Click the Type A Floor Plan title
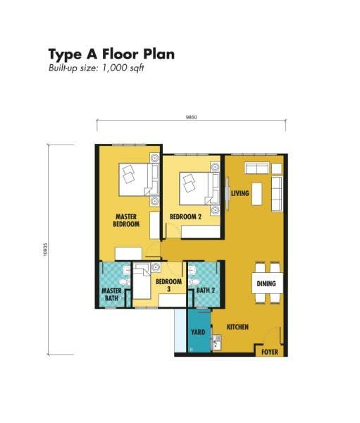pyautogui.click(x=111, y=54)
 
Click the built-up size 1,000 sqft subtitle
pyautogui.click(x=97, y=68)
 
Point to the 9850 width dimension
pyautogui.click(x=192, y=117)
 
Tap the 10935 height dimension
pyautogui.click(x=45, y=250)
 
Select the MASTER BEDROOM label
pyautogui.click(x=126, y=220)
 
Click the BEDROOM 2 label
pyautogui.click(x=185, y=216)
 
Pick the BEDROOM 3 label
pyautogui.click(x=169, y=285)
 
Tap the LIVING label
pyautogui.click(x=240, y=193)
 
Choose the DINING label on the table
pyautogui.click(x=266, y=283)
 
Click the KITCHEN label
pyautogui.click(x=237, y=327)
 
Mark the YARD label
pyautogui.click(x=198, y=332)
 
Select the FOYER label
pyautogui.click(x=270, y=352)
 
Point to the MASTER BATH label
pyautogui.click(x=111, y=294)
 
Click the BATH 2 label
pyautogui.click(x=206, y=290)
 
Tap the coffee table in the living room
pyautogui.click(x=257, y=194)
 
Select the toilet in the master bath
pyautogui.click(x=125, y=282)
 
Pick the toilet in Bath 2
pyautogui.click(x=194, y=282)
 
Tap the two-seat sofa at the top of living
pyautogui.click(x=256, y=168)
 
